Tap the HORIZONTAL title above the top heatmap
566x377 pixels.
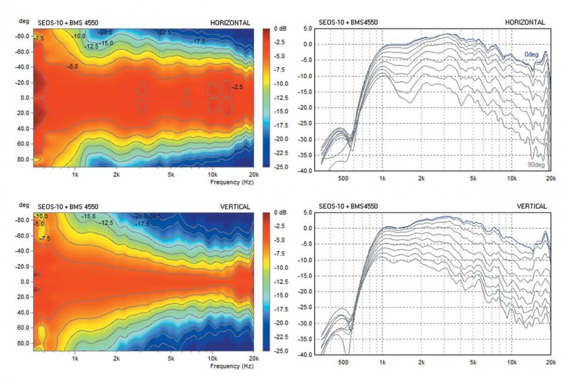pos(230,23)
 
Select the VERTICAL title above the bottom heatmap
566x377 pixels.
pos(235,206)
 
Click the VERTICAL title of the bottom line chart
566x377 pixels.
pos(532,206)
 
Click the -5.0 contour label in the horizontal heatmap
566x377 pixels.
pos(73,67)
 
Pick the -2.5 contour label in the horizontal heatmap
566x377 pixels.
pos(238,87)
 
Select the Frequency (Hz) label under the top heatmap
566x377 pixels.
pos(232,182)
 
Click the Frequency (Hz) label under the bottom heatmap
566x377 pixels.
pos(232,367)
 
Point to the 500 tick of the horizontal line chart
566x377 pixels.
pos(343,179)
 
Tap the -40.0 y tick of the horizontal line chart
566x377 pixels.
pos(305,171)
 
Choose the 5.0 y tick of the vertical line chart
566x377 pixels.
pos(308,212)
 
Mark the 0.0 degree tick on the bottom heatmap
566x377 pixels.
pos(24,282)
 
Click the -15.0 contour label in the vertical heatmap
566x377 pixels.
pos(89,216)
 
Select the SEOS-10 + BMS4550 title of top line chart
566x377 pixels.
pos(348,23)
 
